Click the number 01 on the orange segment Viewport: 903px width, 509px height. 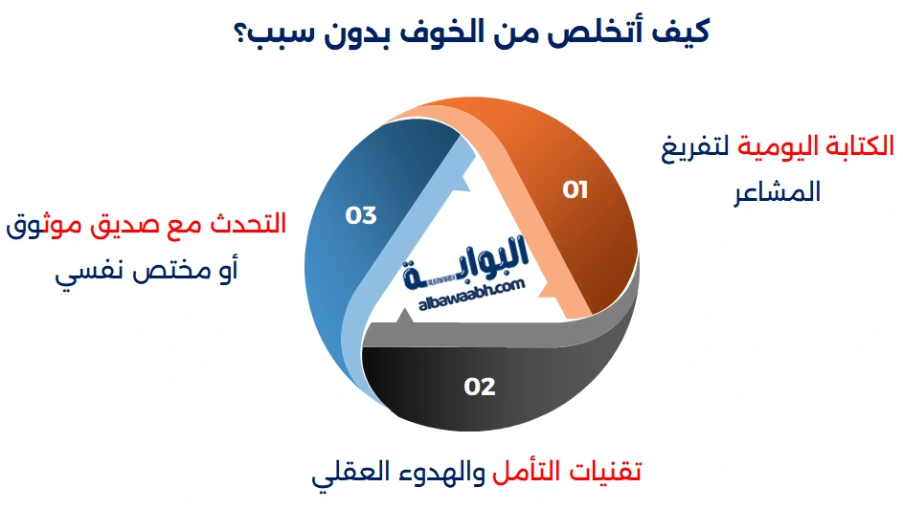(x=575, y=189)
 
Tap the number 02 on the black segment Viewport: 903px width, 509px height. (x=480, y=387)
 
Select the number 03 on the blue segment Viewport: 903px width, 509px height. (x=360, y=215)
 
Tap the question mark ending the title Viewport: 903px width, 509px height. (x=240, y=34)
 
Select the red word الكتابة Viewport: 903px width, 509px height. (x=859, y=145)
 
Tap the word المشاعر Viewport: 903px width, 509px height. (x=777, y=191)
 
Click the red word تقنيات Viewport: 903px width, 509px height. (x=604, y=472)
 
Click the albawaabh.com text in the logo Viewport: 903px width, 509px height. (x=472, y=295)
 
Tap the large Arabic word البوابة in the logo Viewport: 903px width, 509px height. (x=465, y=262)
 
